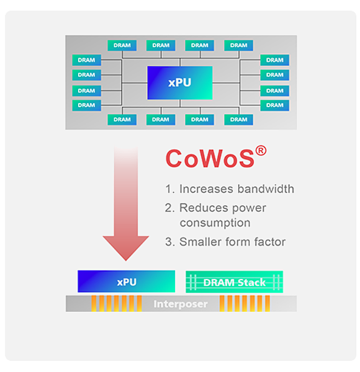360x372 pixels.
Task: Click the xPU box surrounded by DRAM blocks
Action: [x=180, y=82]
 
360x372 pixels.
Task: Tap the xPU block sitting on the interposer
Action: [x=127, y=281]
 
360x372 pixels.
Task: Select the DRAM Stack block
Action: [x=234, y=282]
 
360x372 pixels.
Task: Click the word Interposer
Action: [x=181, y=304]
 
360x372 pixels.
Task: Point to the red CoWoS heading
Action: [x=210, y=159]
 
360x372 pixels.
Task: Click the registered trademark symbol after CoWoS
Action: [x=261, y=151]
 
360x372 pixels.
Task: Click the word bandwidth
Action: [x=266, y=189]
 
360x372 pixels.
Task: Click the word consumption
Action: [x=215, y=223]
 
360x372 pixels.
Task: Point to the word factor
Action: [x=270, y=242]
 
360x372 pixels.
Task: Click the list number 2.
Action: [x=169, y=208]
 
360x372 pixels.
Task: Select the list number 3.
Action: [x=169, y=242]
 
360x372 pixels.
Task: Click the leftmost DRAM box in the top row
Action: [x=122, y=45]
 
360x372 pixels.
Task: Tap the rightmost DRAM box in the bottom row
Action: [x=238, y=120]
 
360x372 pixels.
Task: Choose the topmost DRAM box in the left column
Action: [x=86, y=60]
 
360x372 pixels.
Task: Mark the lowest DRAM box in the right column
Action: [x=274, y=105]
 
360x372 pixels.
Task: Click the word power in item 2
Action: [x=249, y=208]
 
